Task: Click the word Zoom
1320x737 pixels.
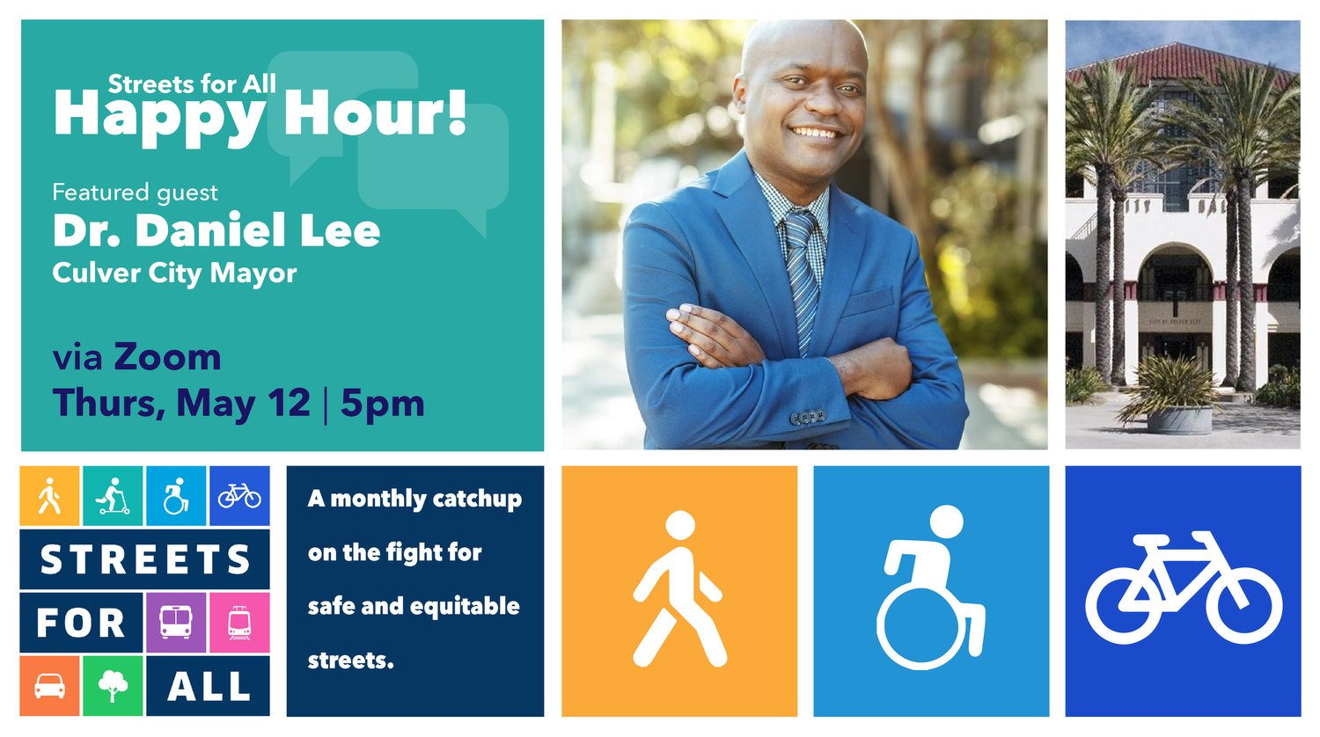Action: (x=167, y=357)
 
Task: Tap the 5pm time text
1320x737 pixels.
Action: (x=383, y=405)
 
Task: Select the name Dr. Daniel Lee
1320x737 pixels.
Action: (x=216, y=230)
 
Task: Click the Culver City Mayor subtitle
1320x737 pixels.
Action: (x=174, y=274)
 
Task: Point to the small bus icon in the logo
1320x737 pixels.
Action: (x=176, y=622)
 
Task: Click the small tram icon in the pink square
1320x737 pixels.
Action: (x=239, y=623)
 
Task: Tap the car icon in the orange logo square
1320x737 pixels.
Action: (x=50, y=686)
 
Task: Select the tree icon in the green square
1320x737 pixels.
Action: (x=114, y=686)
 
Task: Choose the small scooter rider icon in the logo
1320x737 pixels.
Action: (x=114, y=496)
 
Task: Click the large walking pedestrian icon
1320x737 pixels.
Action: (x=678, y=589)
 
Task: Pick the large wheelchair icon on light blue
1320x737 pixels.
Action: (x=930, y=587)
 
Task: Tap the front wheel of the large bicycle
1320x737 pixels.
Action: (x=1243, y=605)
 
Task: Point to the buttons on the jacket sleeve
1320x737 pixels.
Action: (x=808, y=417)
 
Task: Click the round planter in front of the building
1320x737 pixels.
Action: (x=1179, y=420)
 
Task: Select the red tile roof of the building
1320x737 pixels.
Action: (x=1184, y=63)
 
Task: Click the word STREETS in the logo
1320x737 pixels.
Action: (x=145, y=559)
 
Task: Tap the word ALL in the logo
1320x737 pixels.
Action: (x=209, y=686)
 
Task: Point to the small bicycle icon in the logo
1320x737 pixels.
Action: (x=239, y=496)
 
